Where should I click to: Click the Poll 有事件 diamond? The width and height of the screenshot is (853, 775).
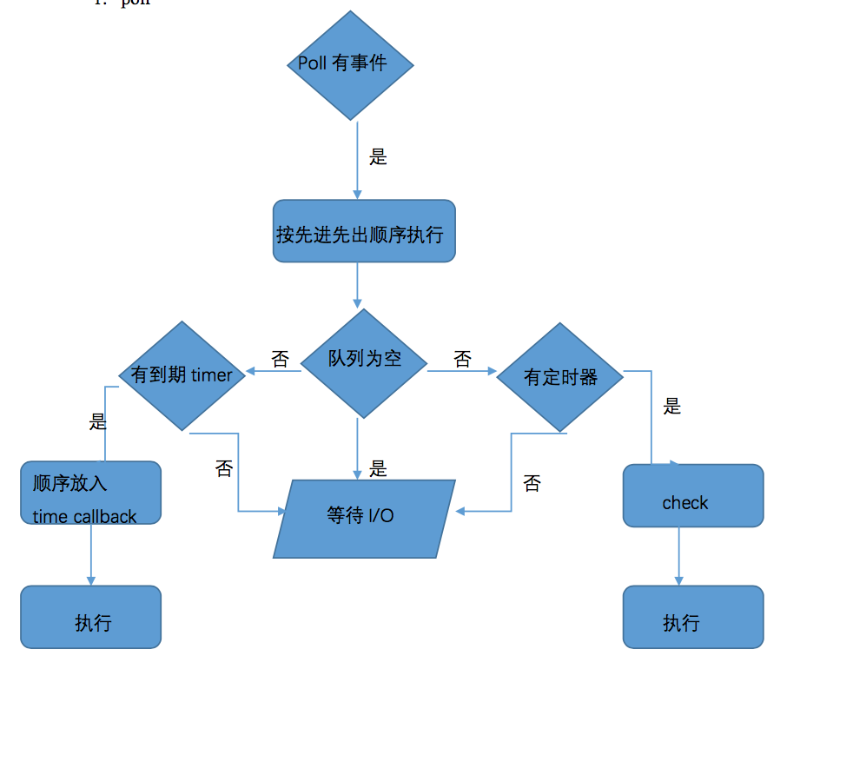click(x=350, y=65)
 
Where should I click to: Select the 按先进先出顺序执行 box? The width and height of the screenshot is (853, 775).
click(x=364, y=232)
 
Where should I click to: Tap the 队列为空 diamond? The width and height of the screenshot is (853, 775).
click(x=364, y=363)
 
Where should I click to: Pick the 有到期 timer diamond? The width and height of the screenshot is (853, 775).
click(x=182, y=376)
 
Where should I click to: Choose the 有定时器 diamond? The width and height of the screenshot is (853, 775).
click(x=560, y=378)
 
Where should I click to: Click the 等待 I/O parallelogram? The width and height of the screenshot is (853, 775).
click(x=364, y=518)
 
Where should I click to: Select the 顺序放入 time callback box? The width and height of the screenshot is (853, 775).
click(x=90, y=493)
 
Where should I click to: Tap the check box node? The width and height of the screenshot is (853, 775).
click(x=692, y=496)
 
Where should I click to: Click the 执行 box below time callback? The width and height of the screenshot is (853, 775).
click(x=90, y=617)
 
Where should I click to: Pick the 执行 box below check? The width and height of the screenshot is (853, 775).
click(x=692, y=617)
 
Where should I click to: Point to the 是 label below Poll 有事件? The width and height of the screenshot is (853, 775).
click(x=378, y=157)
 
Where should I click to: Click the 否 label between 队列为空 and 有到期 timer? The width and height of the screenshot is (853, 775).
click(x=280, y=360)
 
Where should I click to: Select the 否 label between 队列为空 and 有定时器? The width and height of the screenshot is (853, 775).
click(x=462, y=360)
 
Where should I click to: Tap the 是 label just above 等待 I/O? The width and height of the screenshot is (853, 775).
click(x=378, y=469)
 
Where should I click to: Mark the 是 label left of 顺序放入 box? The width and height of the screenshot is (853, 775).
click(x=98, y=422)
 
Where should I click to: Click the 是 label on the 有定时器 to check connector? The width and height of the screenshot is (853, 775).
click(x=671, y=407)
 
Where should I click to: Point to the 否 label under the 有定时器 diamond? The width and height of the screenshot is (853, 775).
click(x=532, y=484)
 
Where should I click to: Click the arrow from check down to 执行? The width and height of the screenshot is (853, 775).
click(x=679, y=556)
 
